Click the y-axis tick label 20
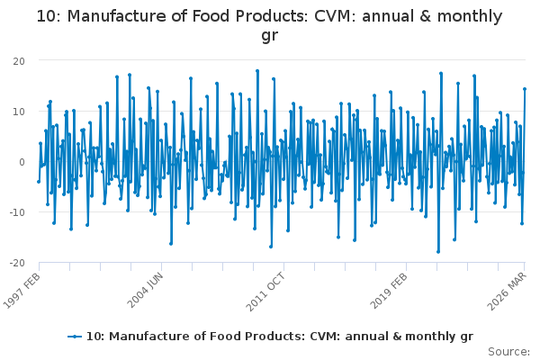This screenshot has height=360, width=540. click(x=19, y=61)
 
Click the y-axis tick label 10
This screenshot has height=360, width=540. click(x=19, y=112)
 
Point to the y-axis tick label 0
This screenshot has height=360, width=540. click(x=22, y=162)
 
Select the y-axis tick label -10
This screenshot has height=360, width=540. click(x=17, y=212)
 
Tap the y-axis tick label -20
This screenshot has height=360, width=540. click(x=17, y=263)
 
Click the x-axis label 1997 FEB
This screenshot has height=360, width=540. click(x=22, y=291)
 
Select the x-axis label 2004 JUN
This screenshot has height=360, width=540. click(x=145, y=290)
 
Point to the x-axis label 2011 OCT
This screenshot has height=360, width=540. click(x=265, y=292)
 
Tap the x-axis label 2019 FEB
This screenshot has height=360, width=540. click(x=389, y=291)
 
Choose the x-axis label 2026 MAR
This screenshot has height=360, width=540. click(x=507, y=291)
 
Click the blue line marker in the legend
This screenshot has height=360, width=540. click(x=75, y=337)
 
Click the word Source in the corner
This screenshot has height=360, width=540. click(x=508, y=352)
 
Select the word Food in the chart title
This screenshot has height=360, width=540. click(x=209, y=16)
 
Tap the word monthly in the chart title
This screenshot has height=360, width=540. click(x=470, y=17)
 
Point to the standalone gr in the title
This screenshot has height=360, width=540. click(x=270, y=36)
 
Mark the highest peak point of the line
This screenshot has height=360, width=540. click(x=257, y=71)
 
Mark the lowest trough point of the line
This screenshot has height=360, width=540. click(x=438, y=252)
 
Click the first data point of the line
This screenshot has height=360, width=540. click(x=39, y=182)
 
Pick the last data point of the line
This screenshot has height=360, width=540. click(x=525, y=89)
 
